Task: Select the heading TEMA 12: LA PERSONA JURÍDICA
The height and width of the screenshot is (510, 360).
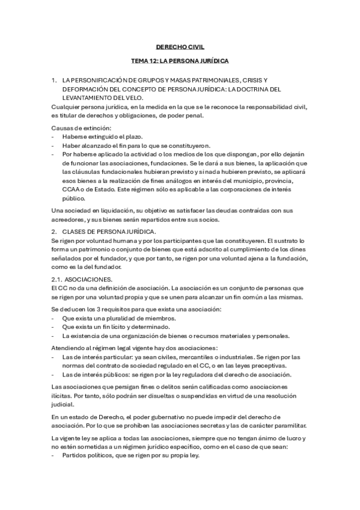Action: (x=180, y=61)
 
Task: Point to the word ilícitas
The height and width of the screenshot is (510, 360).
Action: (x=62, y=395)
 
